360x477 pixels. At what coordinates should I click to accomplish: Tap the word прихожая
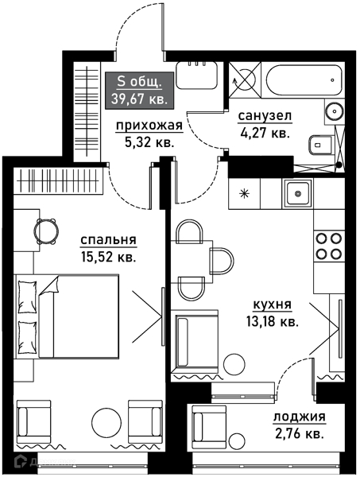click(x=149, y=126)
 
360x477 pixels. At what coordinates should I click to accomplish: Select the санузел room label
click(x=265, y=116)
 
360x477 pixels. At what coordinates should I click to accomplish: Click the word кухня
click(x=272, y=304)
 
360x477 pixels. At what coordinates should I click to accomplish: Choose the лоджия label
click(x=299, y=417)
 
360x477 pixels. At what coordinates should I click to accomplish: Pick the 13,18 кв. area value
click(x=272, y=321)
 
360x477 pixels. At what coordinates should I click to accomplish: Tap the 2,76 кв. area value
click(x=299, y=434)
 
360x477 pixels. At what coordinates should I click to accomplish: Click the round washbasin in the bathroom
click(x=334, y=112)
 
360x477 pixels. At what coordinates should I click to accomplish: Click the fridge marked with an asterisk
click(x=244, y=192)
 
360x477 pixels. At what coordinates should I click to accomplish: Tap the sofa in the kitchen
click(x=193, y=341)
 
